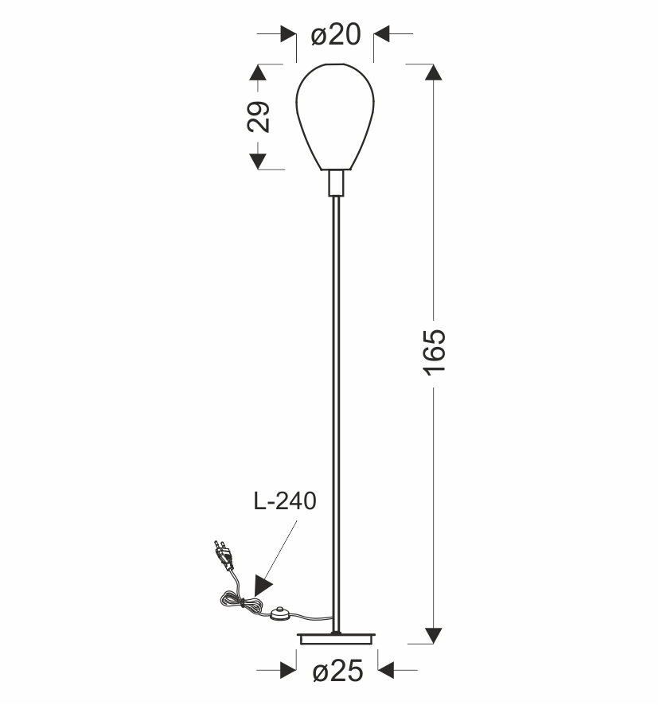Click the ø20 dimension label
336,34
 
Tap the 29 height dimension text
259,117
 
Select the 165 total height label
435,352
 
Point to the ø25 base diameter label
337,672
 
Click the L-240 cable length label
285,501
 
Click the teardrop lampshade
335,117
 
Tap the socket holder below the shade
336,183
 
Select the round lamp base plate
336,638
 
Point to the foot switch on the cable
281,613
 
